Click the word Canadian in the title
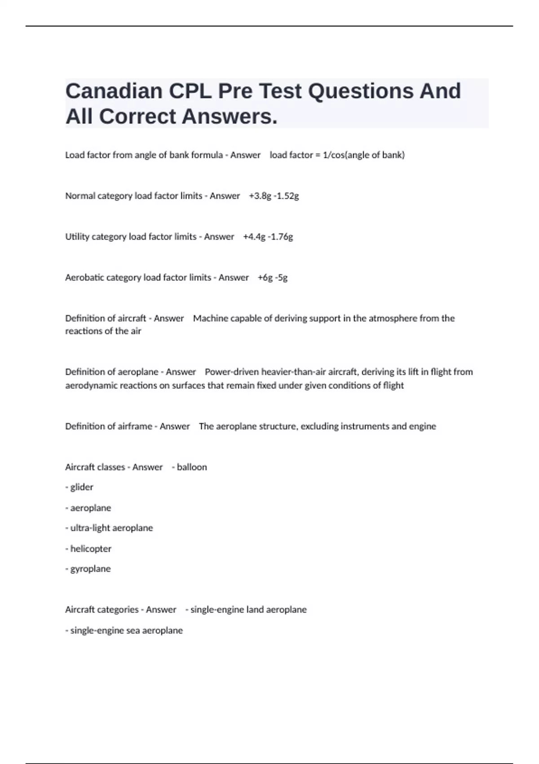(x=114, y=91)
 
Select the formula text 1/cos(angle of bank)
(x=363, y=155)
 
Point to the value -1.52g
(x=286, y=196)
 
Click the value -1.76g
(x=280, y=237)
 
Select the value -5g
(x=282, y=278)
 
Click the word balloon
(x=192, y=467)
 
